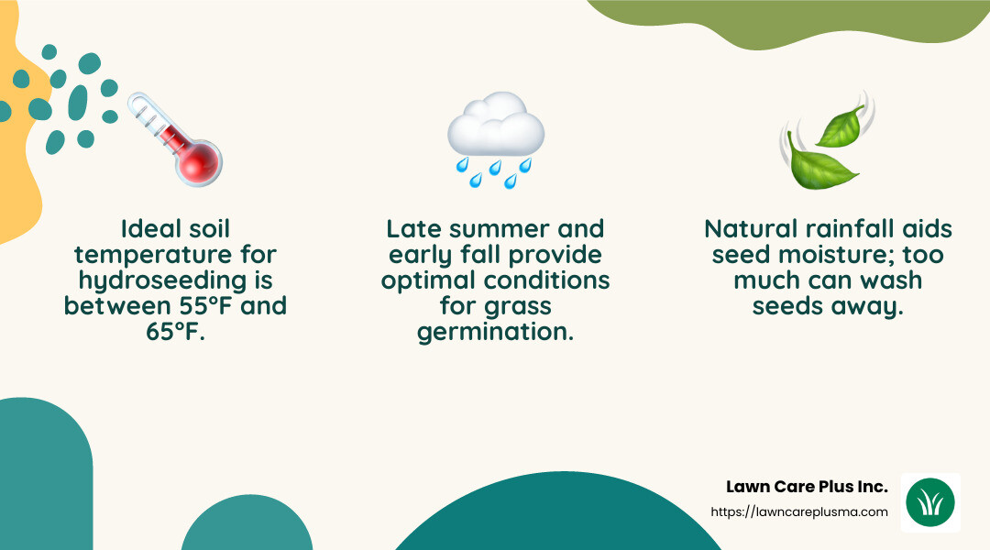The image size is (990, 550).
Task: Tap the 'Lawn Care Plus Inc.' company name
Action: click(x=807, y=486)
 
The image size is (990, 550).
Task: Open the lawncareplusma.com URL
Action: click(x=799, y=512)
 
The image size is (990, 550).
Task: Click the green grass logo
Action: click(x=929, y=502)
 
